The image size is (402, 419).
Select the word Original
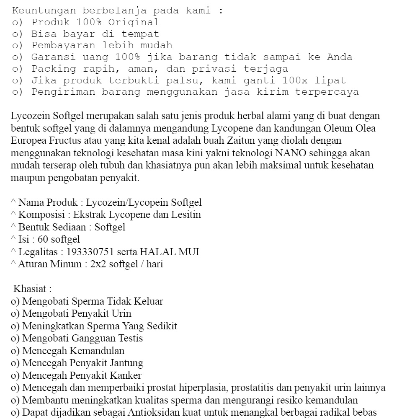(x=136, y=22)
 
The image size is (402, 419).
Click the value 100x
(x=295, y=80)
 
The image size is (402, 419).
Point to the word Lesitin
(x=187, y=215)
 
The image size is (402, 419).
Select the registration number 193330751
(x=90, y=252)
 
